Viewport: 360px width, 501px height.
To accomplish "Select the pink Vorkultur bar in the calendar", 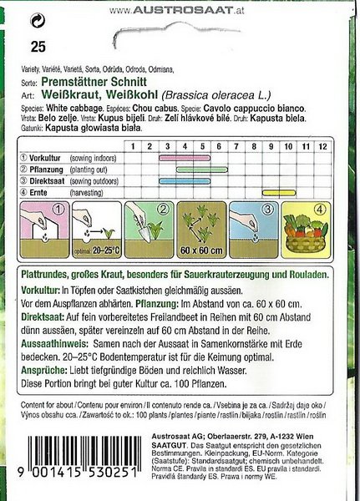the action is click(184, 156).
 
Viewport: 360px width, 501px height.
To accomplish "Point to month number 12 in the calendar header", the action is click(322, 145).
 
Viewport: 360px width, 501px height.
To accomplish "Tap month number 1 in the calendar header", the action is click(132, 145).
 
